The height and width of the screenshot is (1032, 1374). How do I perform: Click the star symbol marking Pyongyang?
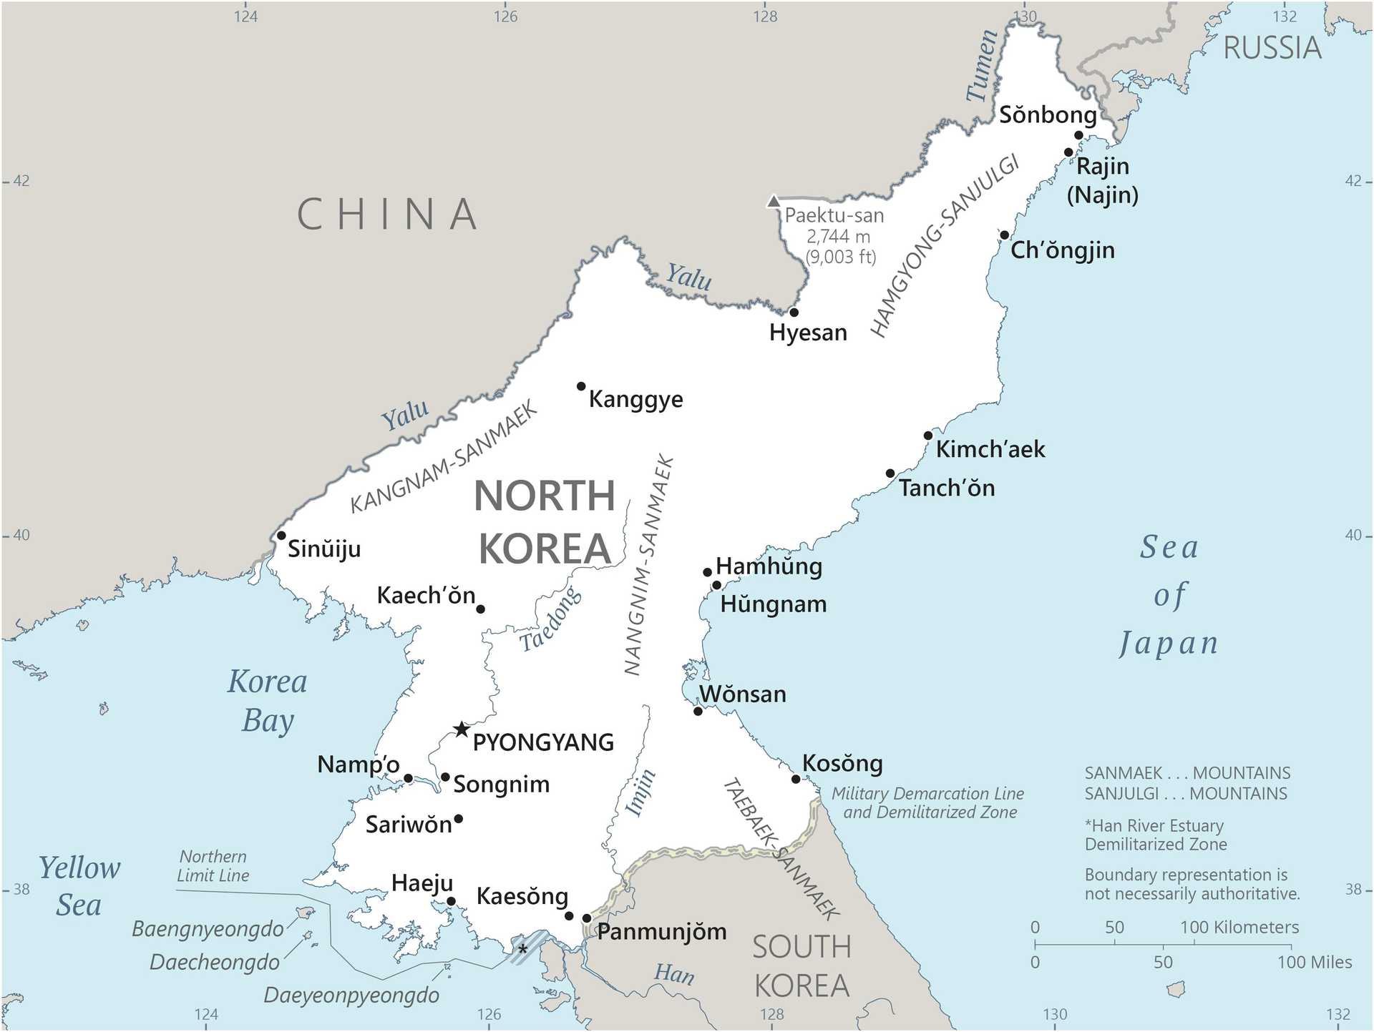pos(462,729)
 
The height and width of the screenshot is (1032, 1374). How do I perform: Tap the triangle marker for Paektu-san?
pos(773,201)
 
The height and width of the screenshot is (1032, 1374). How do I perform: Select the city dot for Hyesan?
pos(794,313)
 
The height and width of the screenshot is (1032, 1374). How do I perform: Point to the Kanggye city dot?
pos(581,386)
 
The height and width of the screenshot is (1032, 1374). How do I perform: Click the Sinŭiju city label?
pos(324,549)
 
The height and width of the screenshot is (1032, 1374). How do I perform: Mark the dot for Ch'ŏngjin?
pos(1005,235)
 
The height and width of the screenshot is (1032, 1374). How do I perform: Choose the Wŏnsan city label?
pos(743,694)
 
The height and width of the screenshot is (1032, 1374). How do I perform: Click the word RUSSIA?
pos(1272,48)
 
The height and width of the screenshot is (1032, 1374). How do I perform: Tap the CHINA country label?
pos(387,214)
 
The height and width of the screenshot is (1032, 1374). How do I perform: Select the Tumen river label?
pos(981,66)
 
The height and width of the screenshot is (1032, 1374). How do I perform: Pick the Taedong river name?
pos(550,619)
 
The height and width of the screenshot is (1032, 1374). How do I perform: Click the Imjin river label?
pos(640,792)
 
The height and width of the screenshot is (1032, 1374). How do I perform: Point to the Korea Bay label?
pos(267,701)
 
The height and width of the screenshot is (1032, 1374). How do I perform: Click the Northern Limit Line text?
pos(213,866)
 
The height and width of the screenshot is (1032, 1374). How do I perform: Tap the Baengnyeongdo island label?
pos(208,929)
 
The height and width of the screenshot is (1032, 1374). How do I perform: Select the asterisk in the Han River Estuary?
pos(523,949)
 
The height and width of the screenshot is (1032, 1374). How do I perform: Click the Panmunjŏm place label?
pos(662,931)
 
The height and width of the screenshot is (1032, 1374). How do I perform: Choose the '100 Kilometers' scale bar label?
pos(1239,927)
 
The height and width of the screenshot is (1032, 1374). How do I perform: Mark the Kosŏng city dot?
pos(796,779)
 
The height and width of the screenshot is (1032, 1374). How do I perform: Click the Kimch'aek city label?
pos(990,449)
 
